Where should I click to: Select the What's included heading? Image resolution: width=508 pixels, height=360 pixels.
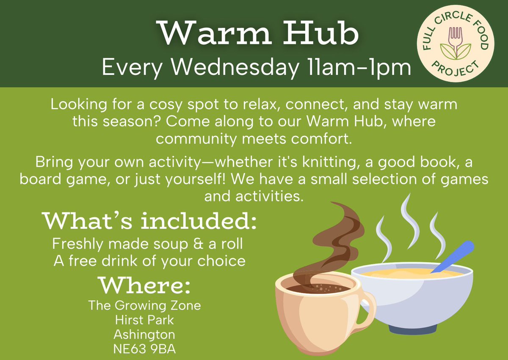149,222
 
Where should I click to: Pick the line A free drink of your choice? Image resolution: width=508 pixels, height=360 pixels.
149,261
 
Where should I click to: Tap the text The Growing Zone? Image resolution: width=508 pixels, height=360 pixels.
144,305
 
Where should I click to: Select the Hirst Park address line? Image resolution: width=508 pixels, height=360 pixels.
144,319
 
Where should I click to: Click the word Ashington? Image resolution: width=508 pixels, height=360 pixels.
144,335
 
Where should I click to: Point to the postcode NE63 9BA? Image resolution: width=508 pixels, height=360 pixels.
144,350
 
